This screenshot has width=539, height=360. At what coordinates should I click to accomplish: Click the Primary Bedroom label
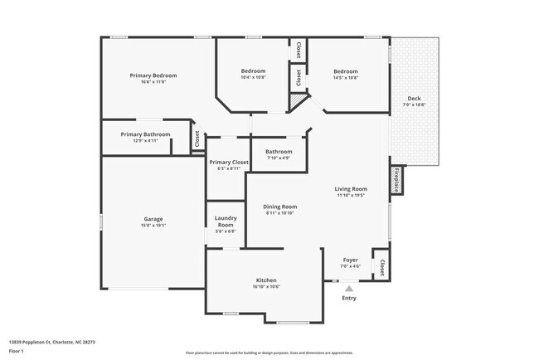tap(153, 75)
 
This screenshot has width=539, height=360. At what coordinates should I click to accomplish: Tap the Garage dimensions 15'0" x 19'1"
tap(153, 225)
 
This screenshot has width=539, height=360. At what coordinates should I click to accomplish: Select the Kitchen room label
tap(265, 280)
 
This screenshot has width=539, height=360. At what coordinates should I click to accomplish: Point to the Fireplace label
tap(396, 180)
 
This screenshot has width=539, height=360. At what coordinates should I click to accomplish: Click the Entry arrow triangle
tap(349, 288)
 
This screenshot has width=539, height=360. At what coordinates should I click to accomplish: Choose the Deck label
tap(413, 99)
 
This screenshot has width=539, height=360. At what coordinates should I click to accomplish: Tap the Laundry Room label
tap(226, 222)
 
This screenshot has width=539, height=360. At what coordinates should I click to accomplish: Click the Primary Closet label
tap(229, 162)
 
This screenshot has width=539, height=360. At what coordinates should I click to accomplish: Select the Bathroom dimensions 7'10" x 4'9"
tap(279, 158)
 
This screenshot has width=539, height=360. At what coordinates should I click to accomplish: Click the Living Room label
tap(351, 189)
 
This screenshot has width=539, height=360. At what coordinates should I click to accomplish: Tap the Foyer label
tap(351, 260)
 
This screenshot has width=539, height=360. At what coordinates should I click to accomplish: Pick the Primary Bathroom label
tap(145, 134)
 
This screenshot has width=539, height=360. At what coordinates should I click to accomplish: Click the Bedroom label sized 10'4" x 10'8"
tap(253, 71)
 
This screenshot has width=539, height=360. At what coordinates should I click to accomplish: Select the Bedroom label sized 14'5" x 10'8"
tap(345, 71)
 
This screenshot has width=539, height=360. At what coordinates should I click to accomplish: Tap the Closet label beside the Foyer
tap(381, 267)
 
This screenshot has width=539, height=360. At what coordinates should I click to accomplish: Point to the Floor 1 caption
tap(17, 351)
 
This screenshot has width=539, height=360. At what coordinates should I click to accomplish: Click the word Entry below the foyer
tap(349, 298)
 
